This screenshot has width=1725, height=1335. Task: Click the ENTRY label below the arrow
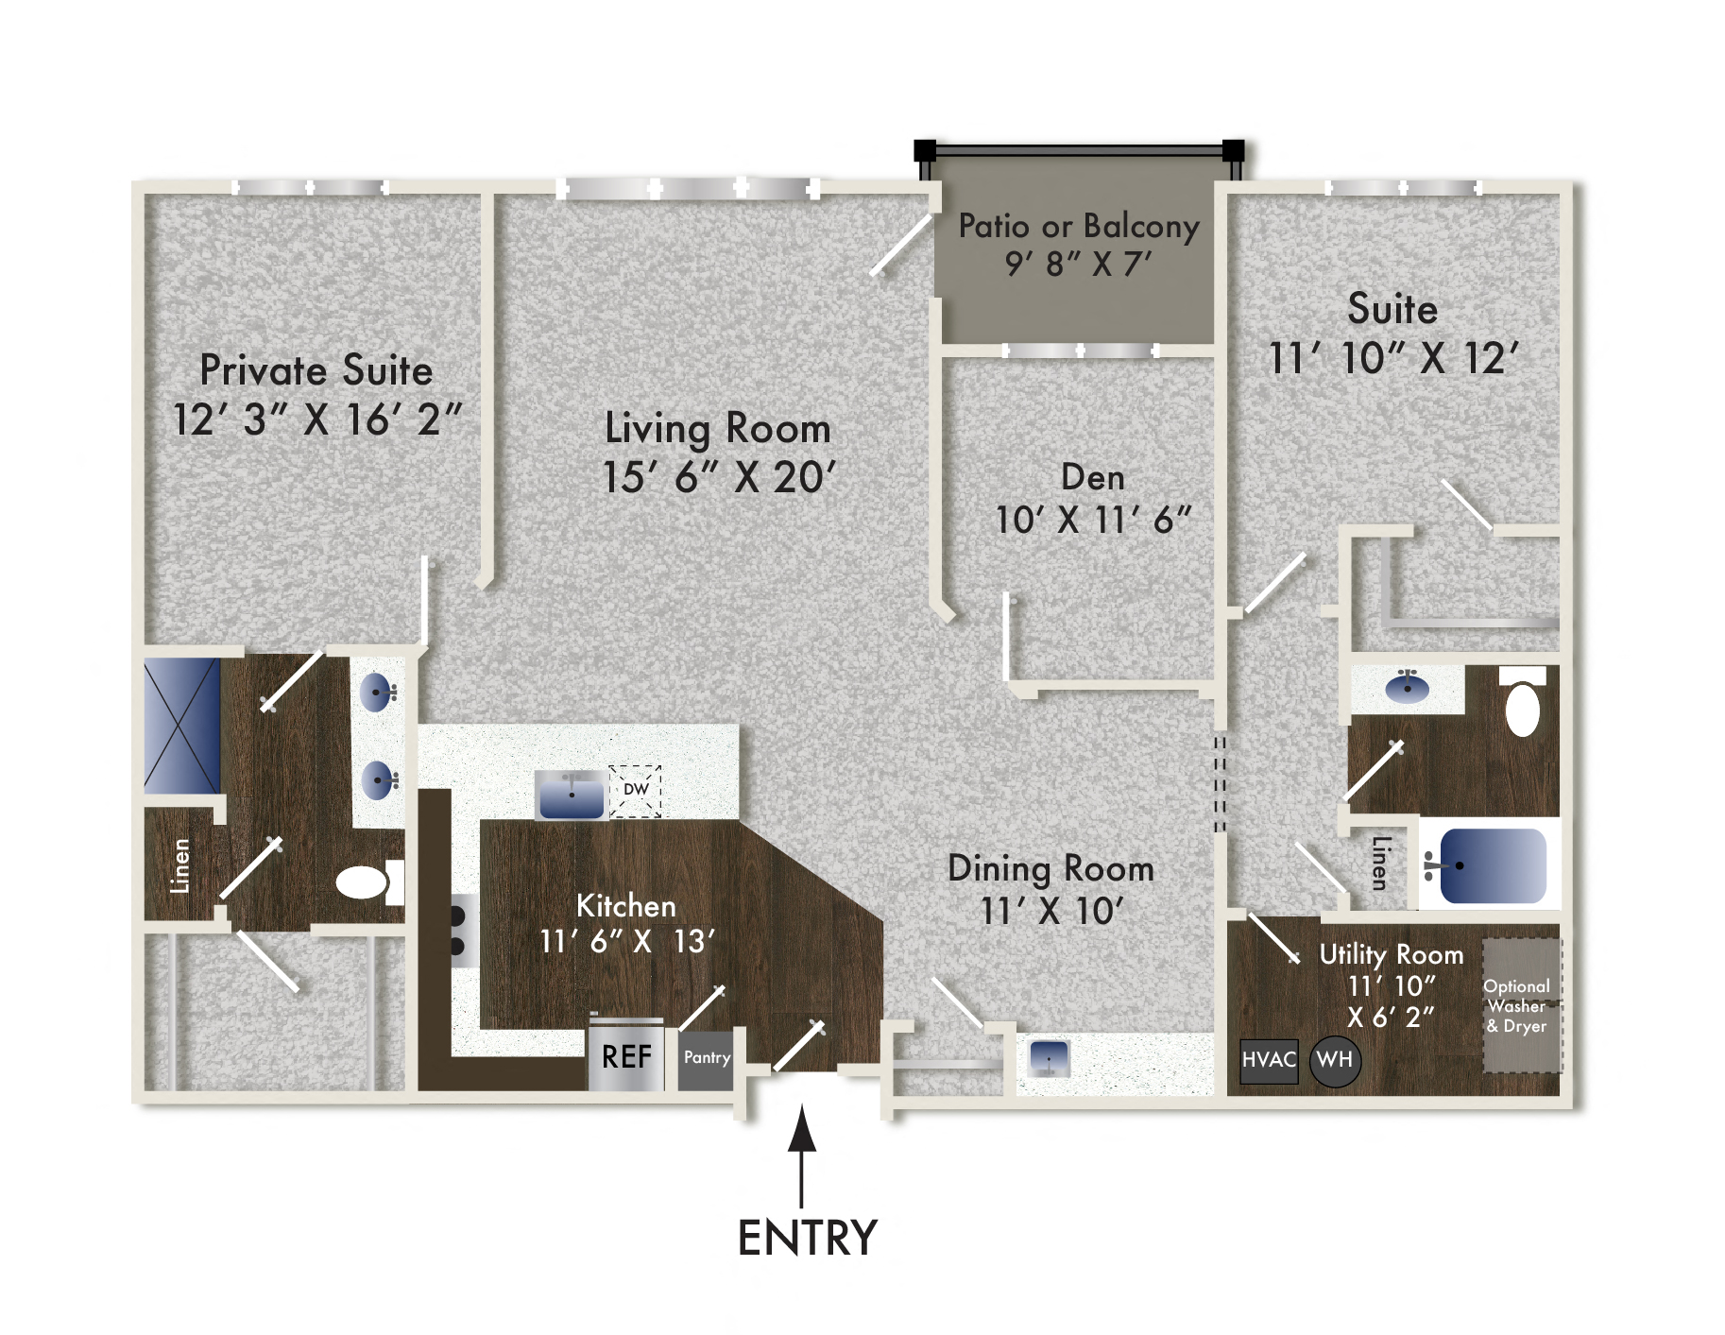pyautogui.click(x=807, y=1238)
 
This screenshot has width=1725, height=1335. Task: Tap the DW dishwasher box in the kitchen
pyautogui.click(x=635, y=790)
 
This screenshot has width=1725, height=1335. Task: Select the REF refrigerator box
pyautogui.click(x=625, y=1056)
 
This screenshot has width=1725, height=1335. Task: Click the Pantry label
pyautogui.click(x=707, y=1058)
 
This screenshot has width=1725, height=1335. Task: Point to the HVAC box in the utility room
pyautogui.click(x=1268, y=1060)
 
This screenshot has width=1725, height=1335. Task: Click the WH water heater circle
pyautogui.click(x=1334, y=1060)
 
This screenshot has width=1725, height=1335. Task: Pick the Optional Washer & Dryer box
pyautogui.click(x=1519, y=1005)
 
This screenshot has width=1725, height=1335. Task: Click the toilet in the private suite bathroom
pyautogui.click(x=365, y=882)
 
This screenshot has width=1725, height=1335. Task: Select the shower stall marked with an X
pyautogui.click(x=181, y=726)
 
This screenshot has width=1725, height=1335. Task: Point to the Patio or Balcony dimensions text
pyautogui.click(x=1079, y=264)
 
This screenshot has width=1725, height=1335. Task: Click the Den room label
pyautogui.click(x=1092, y=477)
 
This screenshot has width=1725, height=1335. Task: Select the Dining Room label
pyautogui.click(x=1050, y=868)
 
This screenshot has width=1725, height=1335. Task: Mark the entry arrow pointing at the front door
pyautogui.click(x=802, y=1153)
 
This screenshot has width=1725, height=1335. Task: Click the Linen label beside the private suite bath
pyautogui.click(x=179, y=865)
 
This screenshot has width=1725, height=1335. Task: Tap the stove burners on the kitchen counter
pyautogui.click(x=458, y=931)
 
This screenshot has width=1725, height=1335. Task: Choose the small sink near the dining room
pyautogui.click(x=1049, y=1057)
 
